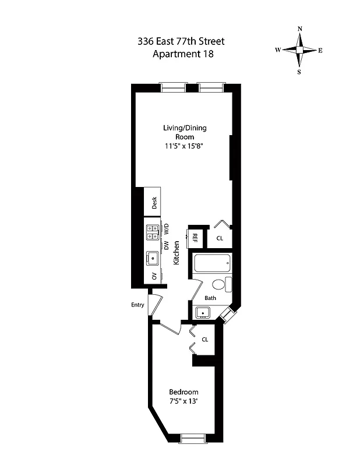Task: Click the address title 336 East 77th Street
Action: (x=180, y=41)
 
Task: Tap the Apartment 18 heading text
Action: (x=180, y=55)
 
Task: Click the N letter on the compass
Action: (x=299, y=29)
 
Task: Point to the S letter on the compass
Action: (x=299, y=72)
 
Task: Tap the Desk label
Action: (x=155, y=203)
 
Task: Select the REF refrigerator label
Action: (x=196, y=238)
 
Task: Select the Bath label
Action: (x=210, y=298)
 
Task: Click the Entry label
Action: (x=137, y=305)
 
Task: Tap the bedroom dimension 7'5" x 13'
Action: (x=183, y=401)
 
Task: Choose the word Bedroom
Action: (x=183, y=392)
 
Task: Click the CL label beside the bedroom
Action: (x=205, y=340)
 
